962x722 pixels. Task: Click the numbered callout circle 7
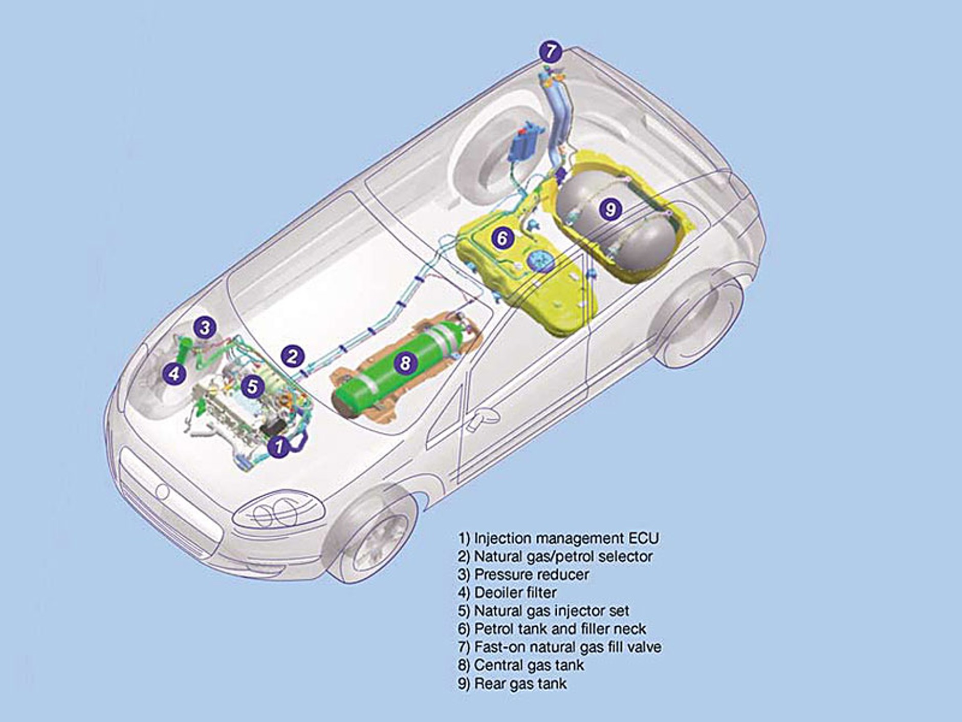point(550,51)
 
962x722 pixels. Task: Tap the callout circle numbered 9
point(610,209)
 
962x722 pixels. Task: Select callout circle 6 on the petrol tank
point(502,238)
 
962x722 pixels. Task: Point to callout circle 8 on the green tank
point(405,363)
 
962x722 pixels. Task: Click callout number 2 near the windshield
point(292,356)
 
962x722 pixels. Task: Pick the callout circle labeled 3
point(205,327)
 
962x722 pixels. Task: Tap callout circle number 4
point(174,373)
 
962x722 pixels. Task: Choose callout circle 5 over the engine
point(252,386)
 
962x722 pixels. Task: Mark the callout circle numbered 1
point(279,446)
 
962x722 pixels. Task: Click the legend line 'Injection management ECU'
point(559,538)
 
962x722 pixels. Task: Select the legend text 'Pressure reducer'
point(523,575)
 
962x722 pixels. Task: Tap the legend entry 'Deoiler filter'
point(507,592)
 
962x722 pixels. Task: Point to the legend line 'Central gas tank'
point(521,665)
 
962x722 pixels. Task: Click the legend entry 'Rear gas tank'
point(512,683)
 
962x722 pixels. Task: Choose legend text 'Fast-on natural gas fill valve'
point(559,647)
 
